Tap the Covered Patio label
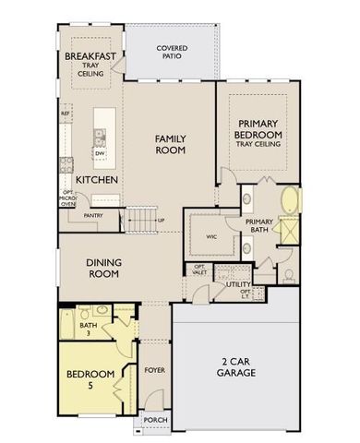tap(173, 51)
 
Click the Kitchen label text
tap(96, 179)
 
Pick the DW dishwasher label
tap(99, 154)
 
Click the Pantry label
tap(92, 216)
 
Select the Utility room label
tap(239, 285)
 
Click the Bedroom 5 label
tap(90, 378)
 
